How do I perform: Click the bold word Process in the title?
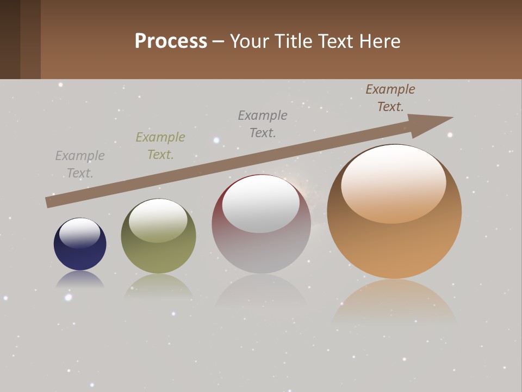171,41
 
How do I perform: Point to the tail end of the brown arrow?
48,203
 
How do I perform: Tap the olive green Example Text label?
160,146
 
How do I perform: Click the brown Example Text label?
390,98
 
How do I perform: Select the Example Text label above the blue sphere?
80,164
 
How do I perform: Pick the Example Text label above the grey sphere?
263,124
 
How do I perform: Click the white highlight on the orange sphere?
393,184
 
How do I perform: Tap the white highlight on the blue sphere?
80,233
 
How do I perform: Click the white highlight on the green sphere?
158,220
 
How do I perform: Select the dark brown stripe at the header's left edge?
10,39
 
